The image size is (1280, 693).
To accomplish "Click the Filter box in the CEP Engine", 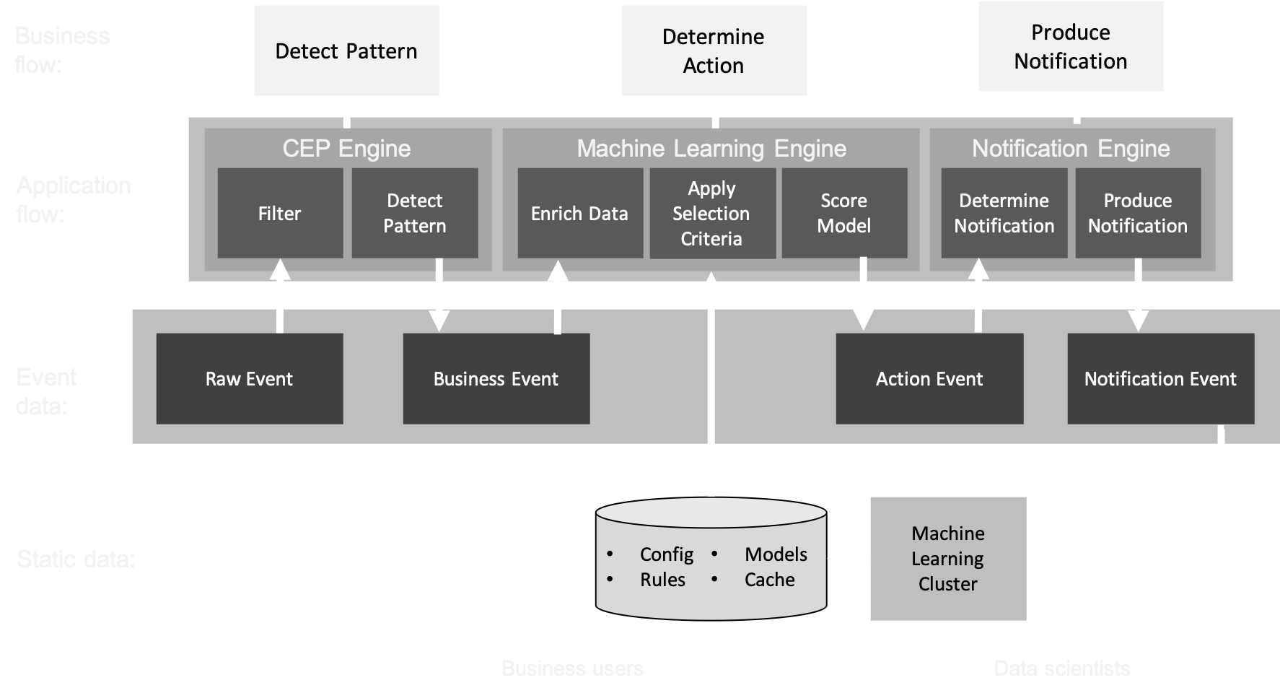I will click(280, 213).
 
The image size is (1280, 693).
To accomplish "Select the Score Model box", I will click(844, 213).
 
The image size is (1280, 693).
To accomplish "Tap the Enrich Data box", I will click(580, 213).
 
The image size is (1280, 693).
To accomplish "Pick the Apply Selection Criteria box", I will click(712, 213).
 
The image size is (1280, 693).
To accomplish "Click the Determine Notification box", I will click(1004, 213).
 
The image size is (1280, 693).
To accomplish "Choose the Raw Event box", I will click(250, 378).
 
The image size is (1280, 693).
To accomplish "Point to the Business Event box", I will click(496, 378).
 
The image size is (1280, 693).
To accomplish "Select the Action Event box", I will click(929, 378).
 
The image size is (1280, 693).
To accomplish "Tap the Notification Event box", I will click(1160, 378).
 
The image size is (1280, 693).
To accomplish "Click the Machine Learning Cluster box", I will click(948, 558).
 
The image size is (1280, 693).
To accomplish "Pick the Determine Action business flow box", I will click(714, 51).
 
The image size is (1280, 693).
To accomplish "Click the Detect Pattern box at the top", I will click(346, 51).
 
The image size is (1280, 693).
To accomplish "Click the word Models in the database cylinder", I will click(776, 554).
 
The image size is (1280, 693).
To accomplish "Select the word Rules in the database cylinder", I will click(662, 580).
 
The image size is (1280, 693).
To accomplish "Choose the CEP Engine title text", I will click(346, 149).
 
